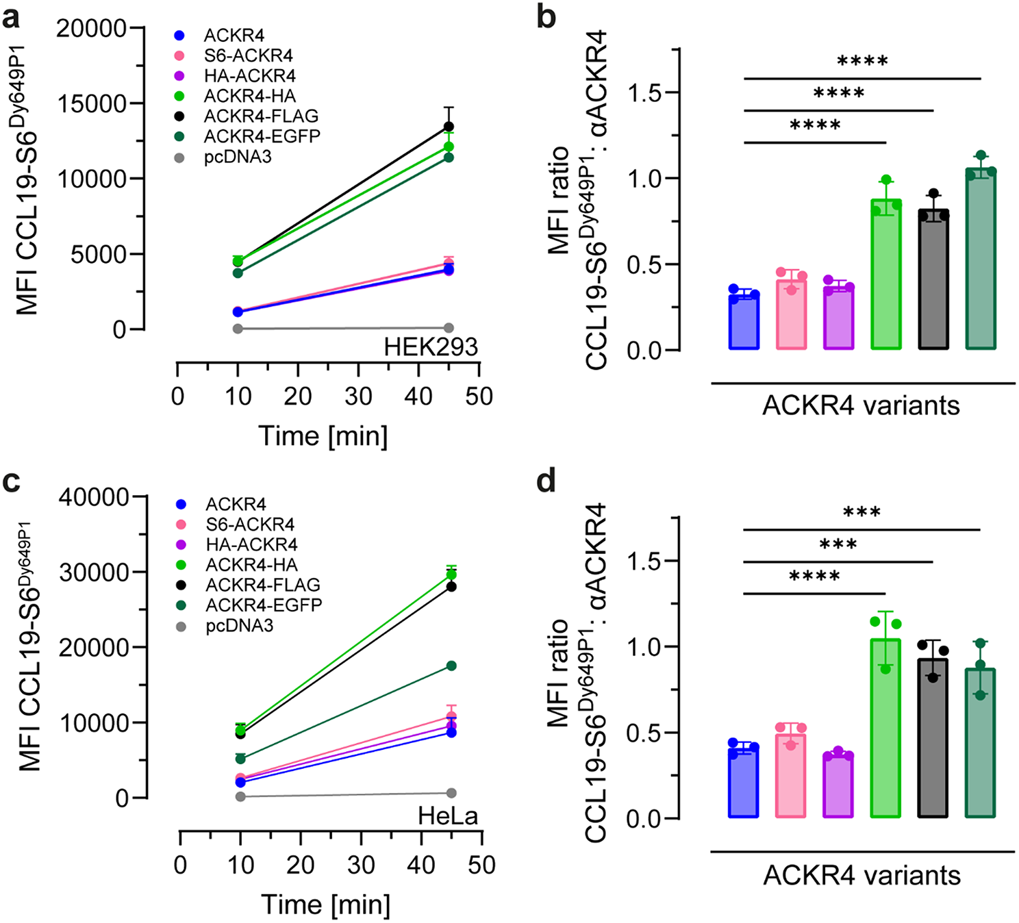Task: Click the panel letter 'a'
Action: tap(11, 17)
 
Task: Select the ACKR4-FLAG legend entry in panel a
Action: tap(261, 116)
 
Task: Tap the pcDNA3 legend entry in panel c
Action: tap(239, 626)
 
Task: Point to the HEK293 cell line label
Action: tap(430, 347)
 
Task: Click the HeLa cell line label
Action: tap(448, 816)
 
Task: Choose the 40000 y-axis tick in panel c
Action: tap(94, 497)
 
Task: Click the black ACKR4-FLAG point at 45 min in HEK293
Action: tap(449, 127)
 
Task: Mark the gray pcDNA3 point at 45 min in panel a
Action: tap(449, 328)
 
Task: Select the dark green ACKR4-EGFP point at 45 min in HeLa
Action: tap(451, 666)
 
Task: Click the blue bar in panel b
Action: tap(744, 322)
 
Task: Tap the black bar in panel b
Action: tap(933, 281)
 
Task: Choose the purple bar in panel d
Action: tap(838, 786)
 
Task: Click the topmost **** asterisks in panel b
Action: tap(862, 62)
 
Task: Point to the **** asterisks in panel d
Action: tap(814, 577)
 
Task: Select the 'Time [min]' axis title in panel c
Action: tap(325, 905)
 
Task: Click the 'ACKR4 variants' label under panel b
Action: tap(861, 405)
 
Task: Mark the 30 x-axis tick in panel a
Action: tap(358, 396)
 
